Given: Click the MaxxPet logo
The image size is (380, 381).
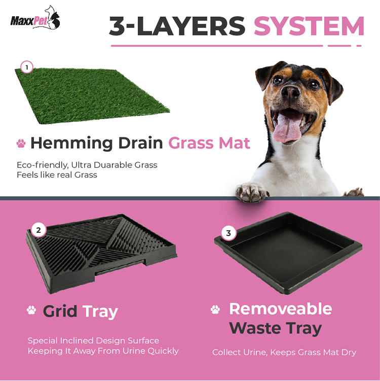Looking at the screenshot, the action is click(35, 18).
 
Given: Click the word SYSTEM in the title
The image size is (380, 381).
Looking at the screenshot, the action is click(309, 26).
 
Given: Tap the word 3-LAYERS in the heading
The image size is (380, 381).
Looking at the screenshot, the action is click(177, 26).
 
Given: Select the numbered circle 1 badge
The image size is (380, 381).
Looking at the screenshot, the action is click(27, 67).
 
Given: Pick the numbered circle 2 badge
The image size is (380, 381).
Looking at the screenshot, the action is click(39, 230).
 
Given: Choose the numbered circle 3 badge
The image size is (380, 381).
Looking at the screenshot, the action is click(229, 233).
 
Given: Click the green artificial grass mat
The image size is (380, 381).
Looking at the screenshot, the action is click(92, 96).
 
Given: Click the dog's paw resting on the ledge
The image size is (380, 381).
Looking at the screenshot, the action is click(252, 193).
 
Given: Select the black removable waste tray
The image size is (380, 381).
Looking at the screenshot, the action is click(288, 253).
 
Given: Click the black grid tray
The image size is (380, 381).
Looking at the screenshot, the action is click(101, 254).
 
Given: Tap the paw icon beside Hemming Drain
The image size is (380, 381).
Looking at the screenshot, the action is click(21, 144).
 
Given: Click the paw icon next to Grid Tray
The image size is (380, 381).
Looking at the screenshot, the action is click(31, 310).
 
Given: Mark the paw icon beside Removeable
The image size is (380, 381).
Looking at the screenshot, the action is click(215, 309).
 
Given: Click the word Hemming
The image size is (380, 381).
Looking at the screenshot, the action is click(71, 144).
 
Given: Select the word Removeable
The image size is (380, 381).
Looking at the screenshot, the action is click(281, 309).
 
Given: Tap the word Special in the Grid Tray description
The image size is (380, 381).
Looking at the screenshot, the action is click(43, 341).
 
